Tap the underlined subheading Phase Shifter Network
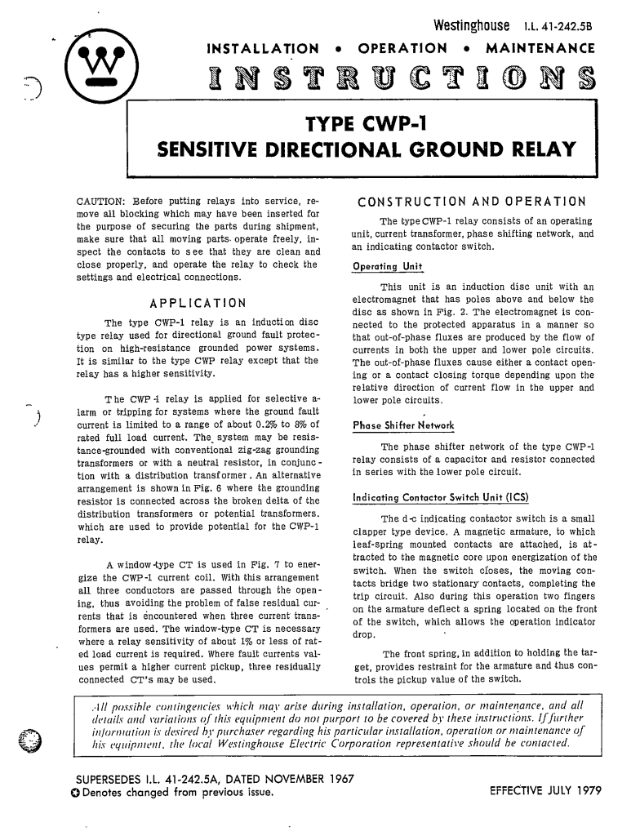pos(402,425)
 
